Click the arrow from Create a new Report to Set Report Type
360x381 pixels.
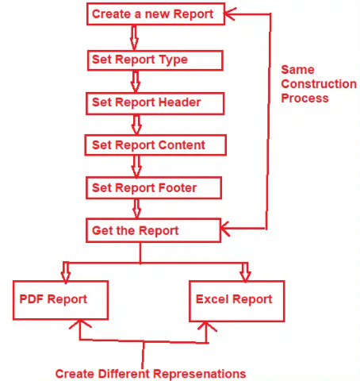(133, 37)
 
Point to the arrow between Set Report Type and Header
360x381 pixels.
(136, 80)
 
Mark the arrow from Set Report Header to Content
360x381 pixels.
(136, 123)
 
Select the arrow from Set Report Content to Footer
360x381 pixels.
(136, 166)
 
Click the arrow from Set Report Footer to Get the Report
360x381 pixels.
(136, 209)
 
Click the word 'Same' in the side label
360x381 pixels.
(297, 70)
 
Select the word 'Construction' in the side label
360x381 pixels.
(318, 84)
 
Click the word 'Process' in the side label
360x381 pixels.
(304, 98)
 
